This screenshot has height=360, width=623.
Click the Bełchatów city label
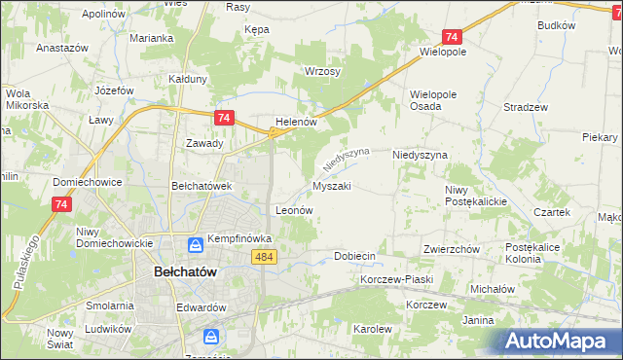(191, 273)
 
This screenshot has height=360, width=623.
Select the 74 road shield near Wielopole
(451, 37)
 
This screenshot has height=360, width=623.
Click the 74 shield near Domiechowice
(61, 204)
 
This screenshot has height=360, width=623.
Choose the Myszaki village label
(331, 185)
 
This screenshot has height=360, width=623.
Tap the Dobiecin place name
(354, 256)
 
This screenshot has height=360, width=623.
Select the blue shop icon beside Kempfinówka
(195, 243)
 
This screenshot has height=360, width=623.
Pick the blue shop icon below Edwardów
(210, 337)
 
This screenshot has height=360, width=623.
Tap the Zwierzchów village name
(451, 249)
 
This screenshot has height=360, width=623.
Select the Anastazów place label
(62, 47)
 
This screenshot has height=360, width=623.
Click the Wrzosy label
(321, 72)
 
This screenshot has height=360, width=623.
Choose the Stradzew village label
(526, 107)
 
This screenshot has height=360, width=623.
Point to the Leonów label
(294, 209)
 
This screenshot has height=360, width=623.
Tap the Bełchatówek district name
(200, 185)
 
